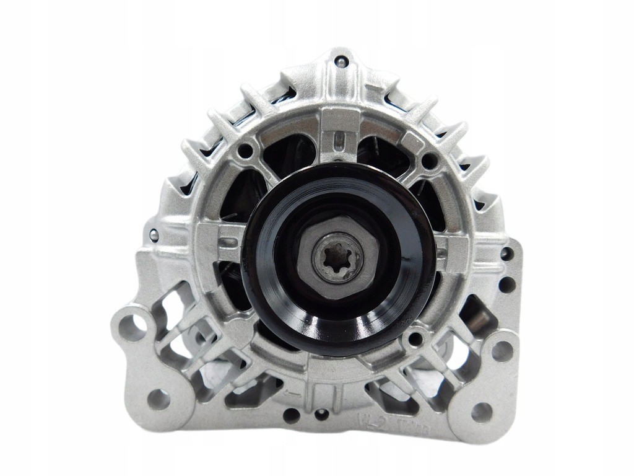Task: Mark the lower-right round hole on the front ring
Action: coord(416,338)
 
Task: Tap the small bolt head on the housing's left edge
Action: coord(153,234)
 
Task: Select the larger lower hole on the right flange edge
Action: coord(506,284)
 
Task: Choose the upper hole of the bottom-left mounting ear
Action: coord(131,323)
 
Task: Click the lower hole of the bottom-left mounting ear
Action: coord(158,399)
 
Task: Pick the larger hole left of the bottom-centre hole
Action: coord(290,412)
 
